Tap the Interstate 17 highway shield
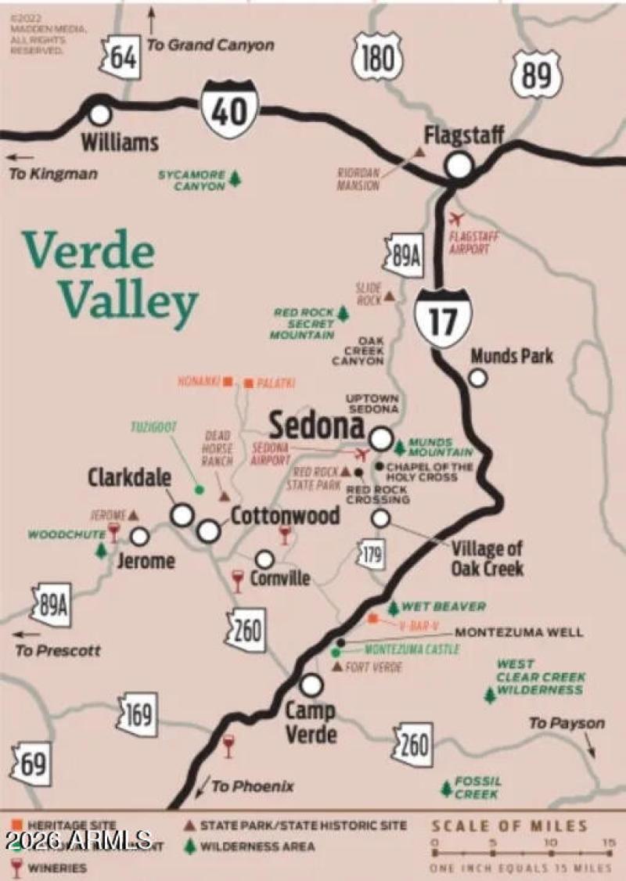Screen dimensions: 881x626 click(444, 316)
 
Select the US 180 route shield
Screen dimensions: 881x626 click(377, 56)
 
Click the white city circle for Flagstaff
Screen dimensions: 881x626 click(459, 165)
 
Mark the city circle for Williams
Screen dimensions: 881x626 click(99, 114)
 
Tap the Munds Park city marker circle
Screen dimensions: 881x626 click(477, 378)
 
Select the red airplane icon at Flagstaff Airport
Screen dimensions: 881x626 click(457, 218)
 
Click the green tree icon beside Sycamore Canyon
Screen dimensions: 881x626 click(235, 180)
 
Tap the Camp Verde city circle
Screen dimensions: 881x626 click(311, 685)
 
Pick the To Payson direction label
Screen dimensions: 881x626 click(567, 723)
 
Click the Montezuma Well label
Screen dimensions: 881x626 click(519, 632)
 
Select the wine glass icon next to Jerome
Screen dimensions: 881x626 click(114, 533)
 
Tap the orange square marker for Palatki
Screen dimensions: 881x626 click(248, 383)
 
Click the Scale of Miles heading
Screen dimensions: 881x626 click(509, 825)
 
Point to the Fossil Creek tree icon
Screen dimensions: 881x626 click(446, 788)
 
